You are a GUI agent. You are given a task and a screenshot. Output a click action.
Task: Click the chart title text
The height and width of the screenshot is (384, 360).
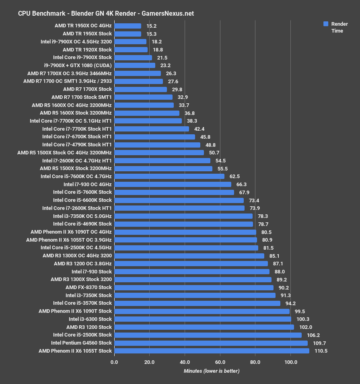pyautogui.click(x=106, y=13)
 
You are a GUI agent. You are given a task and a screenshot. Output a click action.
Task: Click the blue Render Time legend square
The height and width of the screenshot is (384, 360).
pyautogui.click(x=326, y=24)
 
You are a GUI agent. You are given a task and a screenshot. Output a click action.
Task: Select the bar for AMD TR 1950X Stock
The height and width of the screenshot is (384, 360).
pyautogui.click(x=128, y=34)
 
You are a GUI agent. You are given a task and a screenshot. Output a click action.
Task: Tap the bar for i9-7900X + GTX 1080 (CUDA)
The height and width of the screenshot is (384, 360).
pyautogui.click(x=134, y=65)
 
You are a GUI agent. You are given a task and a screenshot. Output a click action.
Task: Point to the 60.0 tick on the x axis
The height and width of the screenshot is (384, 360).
pyautogui.click(x=220, y=362)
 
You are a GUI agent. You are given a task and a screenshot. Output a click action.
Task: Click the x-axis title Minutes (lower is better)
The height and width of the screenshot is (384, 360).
pyautogui.click(x=211, y=371)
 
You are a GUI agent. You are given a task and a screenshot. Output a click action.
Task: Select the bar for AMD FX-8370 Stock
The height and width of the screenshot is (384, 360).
pyautogui.click(x=193, y=287)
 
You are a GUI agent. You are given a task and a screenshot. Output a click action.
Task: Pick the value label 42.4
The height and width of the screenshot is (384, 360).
pyautogui.click(x=200, y=129)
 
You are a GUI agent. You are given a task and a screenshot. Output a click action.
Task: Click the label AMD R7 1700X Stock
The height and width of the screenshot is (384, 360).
pyautogui.click(x=87, y=89)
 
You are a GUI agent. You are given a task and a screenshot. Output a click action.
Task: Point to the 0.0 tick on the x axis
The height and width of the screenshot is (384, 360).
pyautogui.click(x=114, y=362)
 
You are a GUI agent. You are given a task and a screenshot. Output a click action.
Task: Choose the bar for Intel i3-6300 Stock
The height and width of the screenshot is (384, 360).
pyautogui.click(x=202, y=319)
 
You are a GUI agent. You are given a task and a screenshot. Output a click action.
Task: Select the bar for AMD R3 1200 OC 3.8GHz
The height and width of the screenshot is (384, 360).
pyautogui.click(x=191, y=263)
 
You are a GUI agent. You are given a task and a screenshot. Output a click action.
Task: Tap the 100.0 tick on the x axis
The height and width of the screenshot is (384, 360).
pyautogui.click(x=291, y=362)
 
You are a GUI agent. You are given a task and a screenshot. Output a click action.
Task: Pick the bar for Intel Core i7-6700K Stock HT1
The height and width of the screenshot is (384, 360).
pyautogui.click(x=154, y=137)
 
